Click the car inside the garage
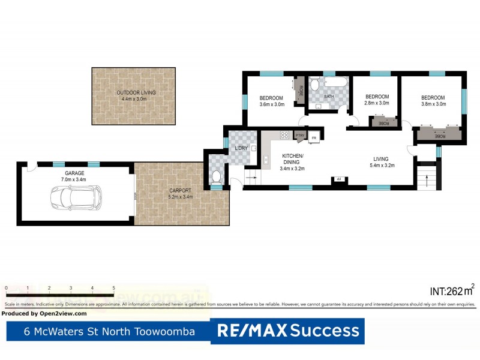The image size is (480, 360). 76,196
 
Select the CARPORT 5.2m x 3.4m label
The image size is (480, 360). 181,194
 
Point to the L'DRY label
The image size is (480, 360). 242,148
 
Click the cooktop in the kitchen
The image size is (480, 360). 284,136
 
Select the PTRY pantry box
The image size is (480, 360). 300,136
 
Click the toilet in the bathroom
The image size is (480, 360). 315,86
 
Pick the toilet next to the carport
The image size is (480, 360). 217,176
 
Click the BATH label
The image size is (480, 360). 329,97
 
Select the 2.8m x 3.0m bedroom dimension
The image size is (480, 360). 377,103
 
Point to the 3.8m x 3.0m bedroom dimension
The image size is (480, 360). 433,104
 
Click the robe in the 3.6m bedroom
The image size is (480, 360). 299,91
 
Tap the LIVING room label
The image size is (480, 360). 381,158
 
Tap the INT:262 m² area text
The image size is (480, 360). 451,291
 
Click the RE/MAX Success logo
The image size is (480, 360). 287,331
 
